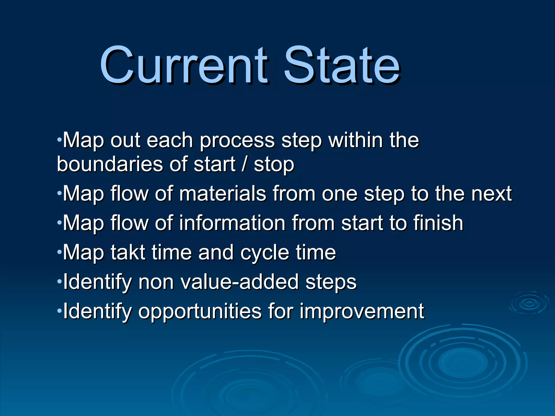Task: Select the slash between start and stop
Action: pos(245,164)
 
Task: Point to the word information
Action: pos(232,223)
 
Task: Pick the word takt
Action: pos(128,252)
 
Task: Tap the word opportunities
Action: pos(200,311)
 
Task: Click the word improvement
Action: pos(362,311)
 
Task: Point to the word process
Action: pos(237,141)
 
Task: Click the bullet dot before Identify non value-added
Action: pos(59,281)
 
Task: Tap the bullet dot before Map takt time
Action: pos(59,252)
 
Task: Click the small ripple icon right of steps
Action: pos(529,303)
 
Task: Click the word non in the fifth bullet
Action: pos(156,282)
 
